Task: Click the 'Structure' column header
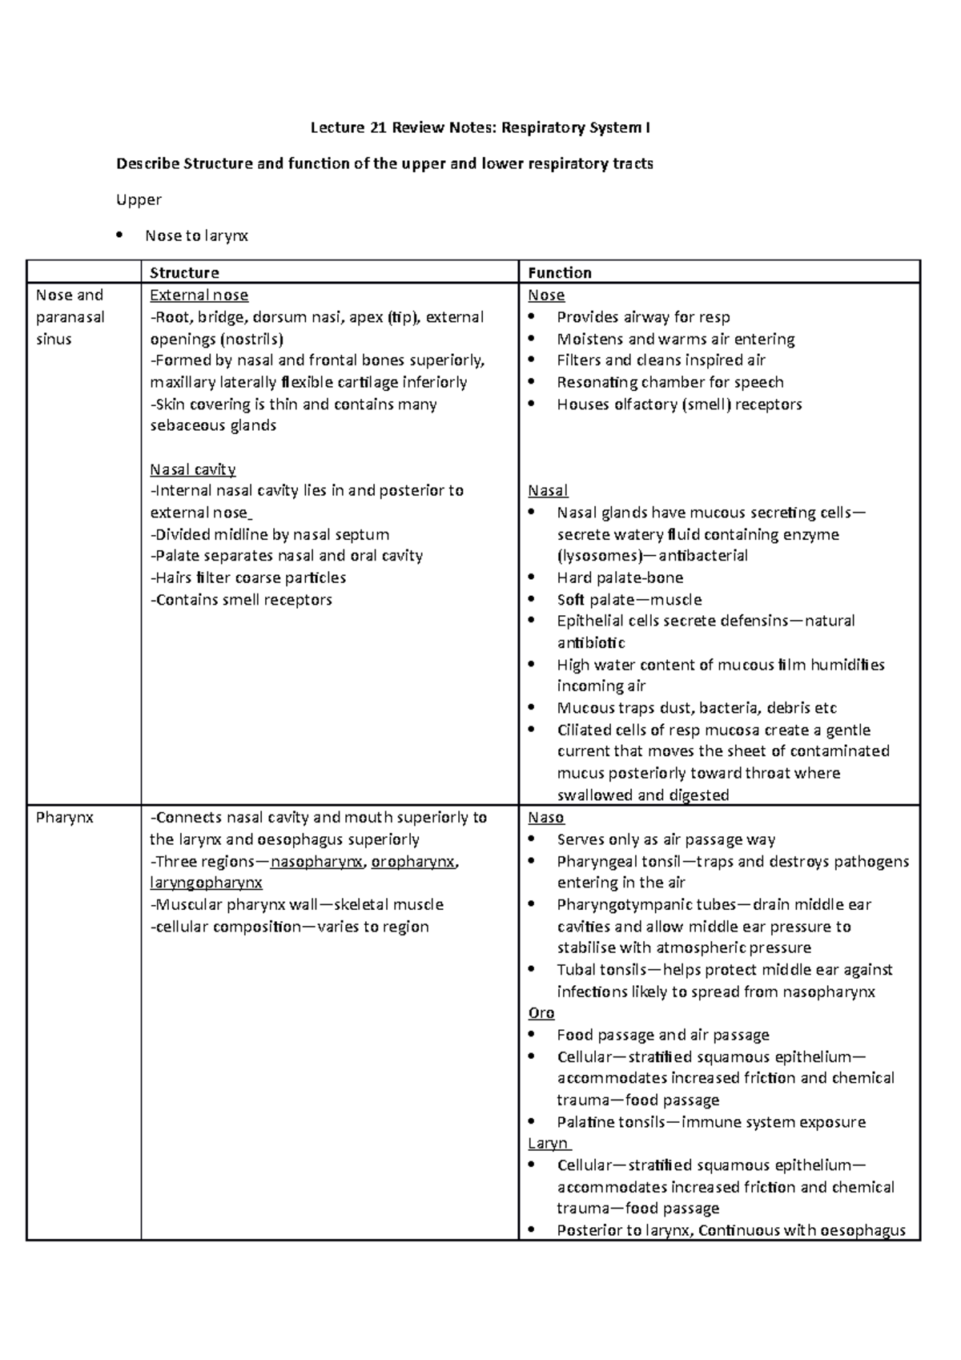click(x=184, y=273)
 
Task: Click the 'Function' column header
click(x=559, y=273)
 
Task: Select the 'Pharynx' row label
click(x=65, y=818)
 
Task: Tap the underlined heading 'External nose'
click(x=199, y=296)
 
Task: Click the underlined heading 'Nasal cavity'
click(x=192, y=469)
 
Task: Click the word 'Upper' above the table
click(x=139, y=199)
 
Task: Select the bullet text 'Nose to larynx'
click(x=196, y=235)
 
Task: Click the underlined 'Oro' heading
click(x=541, y=1013)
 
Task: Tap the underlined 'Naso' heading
click(x=546, y=818)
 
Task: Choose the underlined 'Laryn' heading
click(x=549, y=1144)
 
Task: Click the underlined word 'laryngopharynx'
click(x=206, y=883)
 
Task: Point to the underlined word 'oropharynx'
click(x=413, y=862)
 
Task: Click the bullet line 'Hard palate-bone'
click(x=620, y=578)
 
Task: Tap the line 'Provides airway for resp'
click(x=643, y=317)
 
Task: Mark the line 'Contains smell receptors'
click(x=243, y=600)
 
